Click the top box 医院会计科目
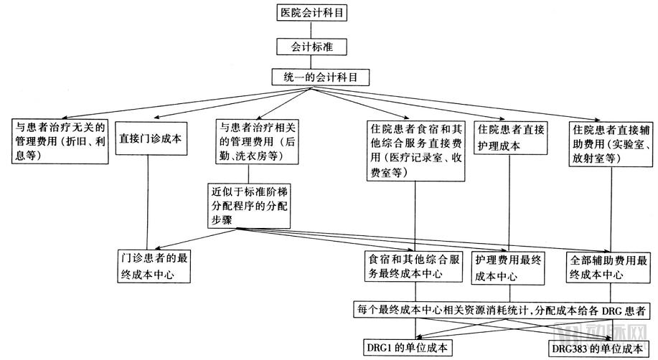[311, 12]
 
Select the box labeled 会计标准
[311, 47]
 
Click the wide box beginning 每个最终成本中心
[502, 311]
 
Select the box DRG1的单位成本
[406, 348]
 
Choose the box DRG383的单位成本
[597, 349]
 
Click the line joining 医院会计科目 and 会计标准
[311, 29]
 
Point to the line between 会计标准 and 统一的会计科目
[311, 62]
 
